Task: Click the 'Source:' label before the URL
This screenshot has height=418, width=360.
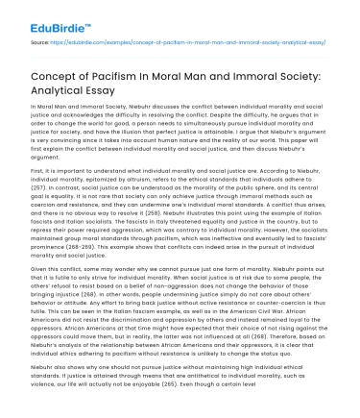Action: pyautogui.click(x=42, y=42)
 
